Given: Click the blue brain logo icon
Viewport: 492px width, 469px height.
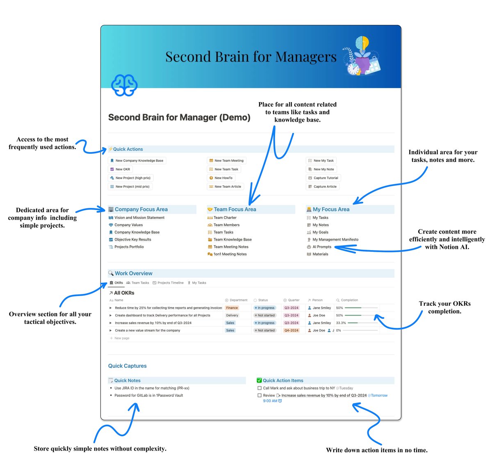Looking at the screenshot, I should pyautogui.click(x=124, y=85).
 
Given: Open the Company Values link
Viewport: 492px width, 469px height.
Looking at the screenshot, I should pyautogui.click(x=128, y=225).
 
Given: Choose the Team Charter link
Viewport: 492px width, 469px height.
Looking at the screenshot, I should pyautogui.click(x=225, y=218).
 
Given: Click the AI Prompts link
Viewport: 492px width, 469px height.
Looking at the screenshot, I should pyautogui.click(x=321, y=247).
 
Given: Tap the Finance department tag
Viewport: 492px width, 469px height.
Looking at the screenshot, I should pyautogui.click(x=232, y=308).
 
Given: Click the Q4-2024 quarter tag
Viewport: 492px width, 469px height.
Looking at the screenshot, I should pyautogui.click(x=292, y=330).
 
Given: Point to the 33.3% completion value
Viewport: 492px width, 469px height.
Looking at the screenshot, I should pyautogui.click(x=341, y=323).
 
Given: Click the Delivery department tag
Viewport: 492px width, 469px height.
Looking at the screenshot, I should pyautogui.click(x=232, y=315).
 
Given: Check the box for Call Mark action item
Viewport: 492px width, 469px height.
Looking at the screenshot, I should pyautogui.click(x=260, y=388).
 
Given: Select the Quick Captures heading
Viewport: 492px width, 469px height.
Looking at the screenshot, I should pyautogui.click(x=127, y=366).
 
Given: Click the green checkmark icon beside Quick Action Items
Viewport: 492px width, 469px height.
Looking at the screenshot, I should pyautogui.click(x=259, y=380).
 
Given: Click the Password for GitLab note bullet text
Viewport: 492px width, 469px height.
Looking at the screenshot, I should pyautogui.click(x=148, y=396).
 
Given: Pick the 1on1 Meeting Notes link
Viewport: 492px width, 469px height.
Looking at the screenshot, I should pyautogui.click(x=230, y=254).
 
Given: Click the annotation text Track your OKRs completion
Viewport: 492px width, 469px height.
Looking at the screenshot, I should pyautogui.click(x=445, y=307).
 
